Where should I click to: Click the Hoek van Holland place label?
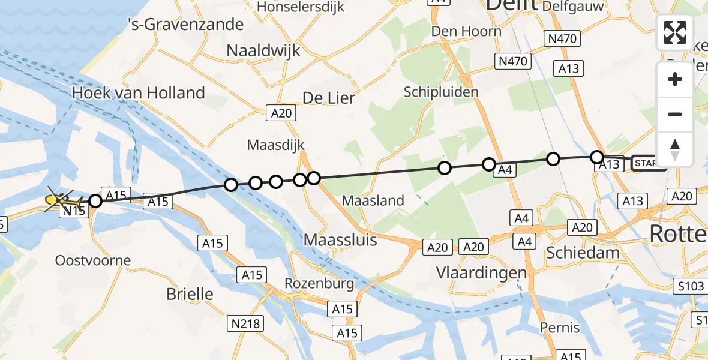(138, 93)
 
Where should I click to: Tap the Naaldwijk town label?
(263, 51)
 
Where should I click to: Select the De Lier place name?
(329, 98)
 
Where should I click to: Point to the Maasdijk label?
(276, 145)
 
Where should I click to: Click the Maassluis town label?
(340, 240)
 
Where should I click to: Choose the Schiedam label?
(583, 253)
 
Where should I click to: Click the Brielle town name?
(189, 294)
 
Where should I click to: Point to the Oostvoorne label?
(93, 261)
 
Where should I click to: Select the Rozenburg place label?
(319, 283)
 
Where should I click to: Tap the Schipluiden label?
(441, 92)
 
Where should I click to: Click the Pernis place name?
(560, 328)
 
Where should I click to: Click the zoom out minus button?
(675, 114)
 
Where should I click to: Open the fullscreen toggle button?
(675, 32)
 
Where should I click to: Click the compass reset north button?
(675, 149)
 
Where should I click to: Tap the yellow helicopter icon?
(58, 199)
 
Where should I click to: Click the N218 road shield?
(246, 324)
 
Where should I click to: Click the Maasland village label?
(373, 200)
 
